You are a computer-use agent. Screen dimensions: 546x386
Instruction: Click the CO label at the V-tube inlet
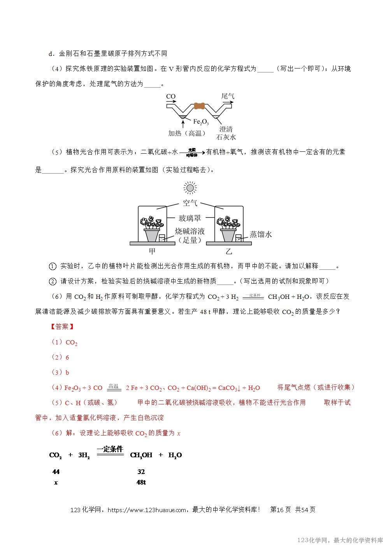point(170,96)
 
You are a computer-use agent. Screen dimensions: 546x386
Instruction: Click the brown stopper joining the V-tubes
point(199,106)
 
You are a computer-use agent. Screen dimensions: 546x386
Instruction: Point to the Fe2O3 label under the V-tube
point(201,122)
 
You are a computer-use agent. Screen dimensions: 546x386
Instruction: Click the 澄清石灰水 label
point(226,133)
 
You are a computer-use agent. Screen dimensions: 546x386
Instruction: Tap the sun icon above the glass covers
point(190,188)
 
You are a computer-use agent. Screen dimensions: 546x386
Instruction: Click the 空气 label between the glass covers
point(190,203)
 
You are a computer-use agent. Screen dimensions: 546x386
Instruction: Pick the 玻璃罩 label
point(190,218)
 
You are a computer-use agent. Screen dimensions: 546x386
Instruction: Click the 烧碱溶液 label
point(190,231)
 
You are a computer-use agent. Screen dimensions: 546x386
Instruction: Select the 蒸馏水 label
point(261,234)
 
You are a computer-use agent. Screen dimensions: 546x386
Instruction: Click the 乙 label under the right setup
point(229,251)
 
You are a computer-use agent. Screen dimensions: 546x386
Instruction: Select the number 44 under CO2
point(56,472)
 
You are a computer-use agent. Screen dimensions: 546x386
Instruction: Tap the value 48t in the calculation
point(141,482)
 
